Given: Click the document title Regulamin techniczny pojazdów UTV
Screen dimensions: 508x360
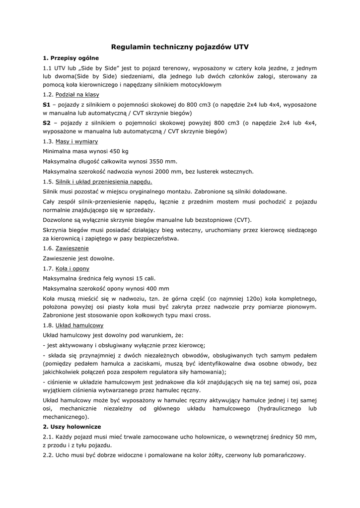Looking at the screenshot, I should pyautogui.click(x=180, y=47).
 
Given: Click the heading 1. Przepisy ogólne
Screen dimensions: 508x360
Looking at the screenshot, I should pyautogui.click(x=71, y=58).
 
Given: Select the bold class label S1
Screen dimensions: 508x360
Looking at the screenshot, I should pyautogui.click(x=47, y=105).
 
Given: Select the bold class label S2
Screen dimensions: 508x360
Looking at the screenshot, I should pyautogui.click(x=47, y=123).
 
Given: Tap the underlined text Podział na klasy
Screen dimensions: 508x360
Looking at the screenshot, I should pyautogui.click(x=77, y=94).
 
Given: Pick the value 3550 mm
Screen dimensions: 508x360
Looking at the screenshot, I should pyautogui.click(x=164, y=161).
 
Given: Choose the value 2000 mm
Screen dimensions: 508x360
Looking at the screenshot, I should pyautogui.click(x=166, y=172).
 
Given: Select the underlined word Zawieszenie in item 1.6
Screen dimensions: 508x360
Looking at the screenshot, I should pyautogui.click(x=72, y=248).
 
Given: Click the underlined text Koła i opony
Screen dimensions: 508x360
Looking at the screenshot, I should pyautogui.click(x=72, y=268).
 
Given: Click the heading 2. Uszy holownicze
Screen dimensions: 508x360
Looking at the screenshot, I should pyautogui.click(x=72, y=427).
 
